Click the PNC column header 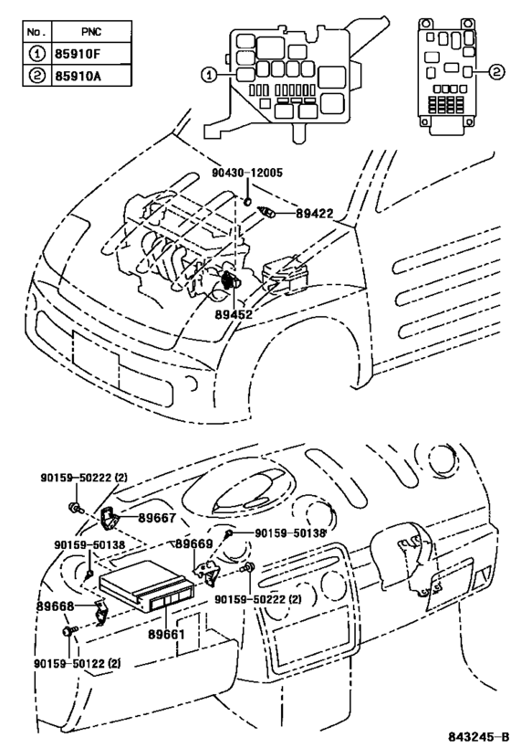click(91, 32)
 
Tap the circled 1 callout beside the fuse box click(209, 74)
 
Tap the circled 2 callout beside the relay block click(496, 72)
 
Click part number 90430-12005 click(247, 173)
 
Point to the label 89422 click(315, 213)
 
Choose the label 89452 click(234, 314)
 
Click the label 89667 click(157, 518)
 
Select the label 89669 click(193, 543)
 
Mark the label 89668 click(56, 606)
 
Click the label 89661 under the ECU click(166, 635)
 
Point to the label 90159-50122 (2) click(78, 663)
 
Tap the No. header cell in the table click(36, 32)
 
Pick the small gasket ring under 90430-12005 click(248, 202)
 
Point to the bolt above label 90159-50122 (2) click(68, 631)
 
